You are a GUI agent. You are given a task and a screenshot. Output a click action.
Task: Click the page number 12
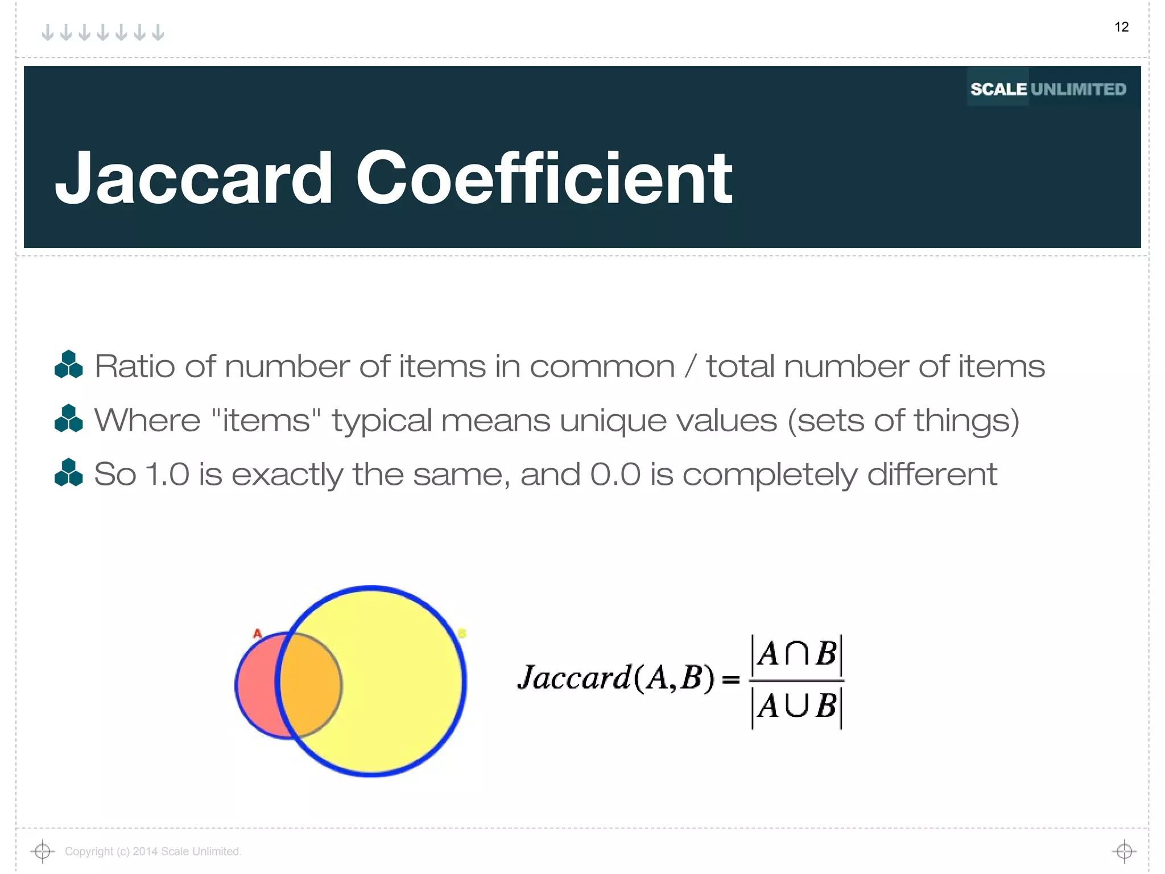(1121, 27)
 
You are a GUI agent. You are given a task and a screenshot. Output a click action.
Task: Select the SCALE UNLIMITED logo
(1048, 89)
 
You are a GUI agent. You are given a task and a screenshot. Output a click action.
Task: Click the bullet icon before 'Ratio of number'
(69, 365)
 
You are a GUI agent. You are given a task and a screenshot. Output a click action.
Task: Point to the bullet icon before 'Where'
(69, 419)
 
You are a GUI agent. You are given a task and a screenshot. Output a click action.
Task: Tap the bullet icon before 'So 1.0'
(69, 473)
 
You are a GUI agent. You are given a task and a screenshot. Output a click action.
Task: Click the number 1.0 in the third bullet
(167, 474)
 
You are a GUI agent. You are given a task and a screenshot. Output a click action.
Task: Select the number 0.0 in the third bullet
(615, 474)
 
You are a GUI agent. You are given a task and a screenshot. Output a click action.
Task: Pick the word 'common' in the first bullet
(602, 366)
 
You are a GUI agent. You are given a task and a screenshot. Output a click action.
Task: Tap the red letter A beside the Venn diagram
(257, 633)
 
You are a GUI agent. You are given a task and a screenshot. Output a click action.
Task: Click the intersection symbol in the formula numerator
(796, 654)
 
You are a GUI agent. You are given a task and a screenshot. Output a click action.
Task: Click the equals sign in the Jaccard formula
(730, 679)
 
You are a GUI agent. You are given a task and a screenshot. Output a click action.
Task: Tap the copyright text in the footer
(153, 851)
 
